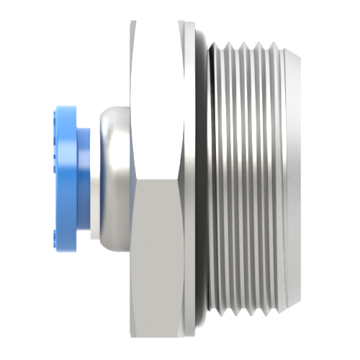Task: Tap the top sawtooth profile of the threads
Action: (x=245, y=46)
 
